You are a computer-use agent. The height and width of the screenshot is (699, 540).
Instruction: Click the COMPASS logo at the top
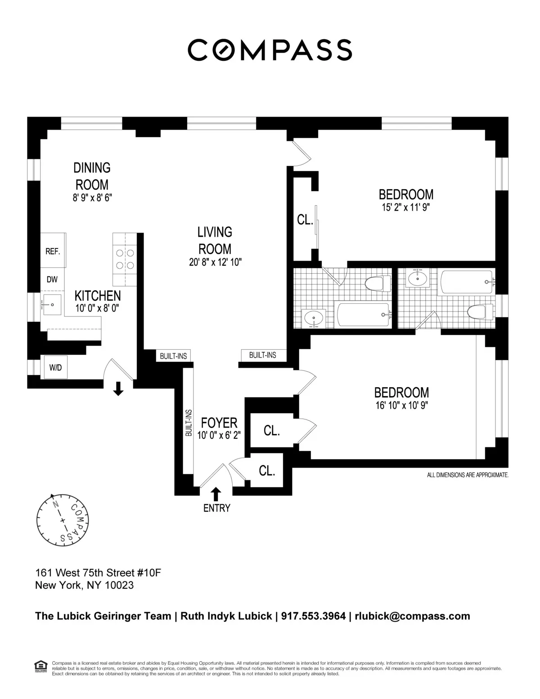pos(270,50)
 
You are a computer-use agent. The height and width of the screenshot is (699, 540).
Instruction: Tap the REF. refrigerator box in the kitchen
pos(53,251)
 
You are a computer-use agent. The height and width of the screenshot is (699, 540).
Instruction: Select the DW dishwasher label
pos(52,280)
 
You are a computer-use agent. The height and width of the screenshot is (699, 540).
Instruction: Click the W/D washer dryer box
pos(55,368)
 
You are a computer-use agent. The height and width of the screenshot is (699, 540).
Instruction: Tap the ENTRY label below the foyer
pos(216,508)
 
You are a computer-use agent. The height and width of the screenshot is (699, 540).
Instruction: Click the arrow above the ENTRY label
pos(216,494)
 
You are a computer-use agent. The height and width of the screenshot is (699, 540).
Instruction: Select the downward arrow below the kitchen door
pos(118,388)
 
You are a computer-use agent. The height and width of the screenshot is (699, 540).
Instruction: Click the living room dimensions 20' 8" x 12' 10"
pos(215,262)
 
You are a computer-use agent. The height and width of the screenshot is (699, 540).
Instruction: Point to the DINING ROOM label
pos(92,176)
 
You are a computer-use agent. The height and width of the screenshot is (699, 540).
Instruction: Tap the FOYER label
pos(219,423)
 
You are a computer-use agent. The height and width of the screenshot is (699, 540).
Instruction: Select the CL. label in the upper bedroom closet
pos(305,220)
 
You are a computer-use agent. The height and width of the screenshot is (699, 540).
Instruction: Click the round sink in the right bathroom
pos(418,279)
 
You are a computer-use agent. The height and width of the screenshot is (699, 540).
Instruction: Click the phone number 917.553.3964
pos(313,616)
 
